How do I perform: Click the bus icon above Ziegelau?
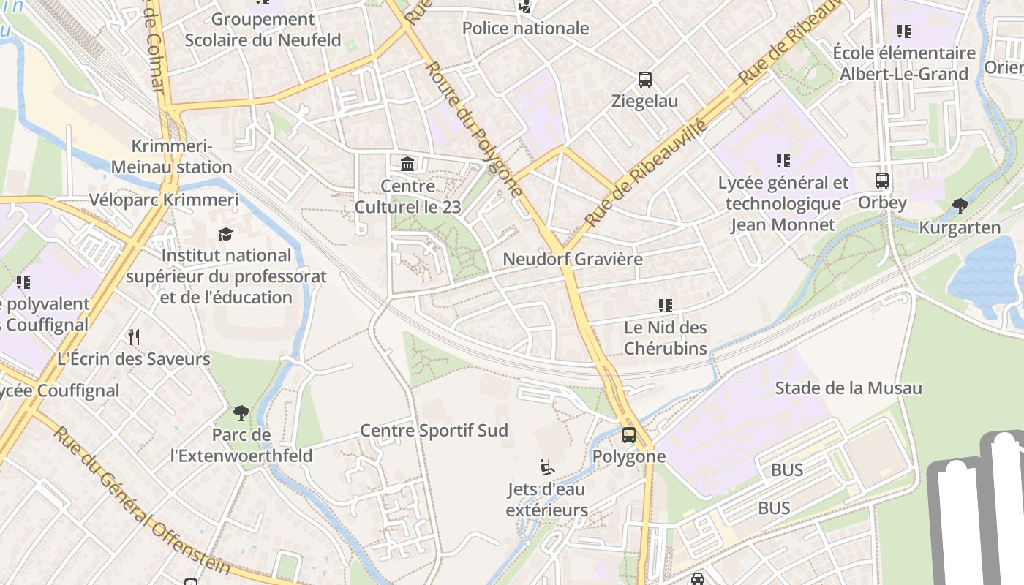point(644,80)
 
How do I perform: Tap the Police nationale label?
point(525,29)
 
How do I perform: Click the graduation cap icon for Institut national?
point(226,234)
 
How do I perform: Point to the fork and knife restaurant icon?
point(133,336)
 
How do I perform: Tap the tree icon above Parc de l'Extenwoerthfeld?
point(241,413)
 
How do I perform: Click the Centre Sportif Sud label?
point(434,431)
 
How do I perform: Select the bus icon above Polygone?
point(628,435)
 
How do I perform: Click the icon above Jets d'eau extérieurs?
point(546,467)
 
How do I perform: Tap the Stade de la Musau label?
point(848,388)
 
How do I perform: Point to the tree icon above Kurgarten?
point(960,206)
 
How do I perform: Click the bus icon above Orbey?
point(882,181)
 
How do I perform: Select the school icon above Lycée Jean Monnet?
point(783,161)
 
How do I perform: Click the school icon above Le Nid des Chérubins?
point(665,306)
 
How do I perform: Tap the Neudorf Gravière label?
point(572,260)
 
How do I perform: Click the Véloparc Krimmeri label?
point(164,200)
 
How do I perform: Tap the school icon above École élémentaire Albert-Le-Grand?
point(904,31)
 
